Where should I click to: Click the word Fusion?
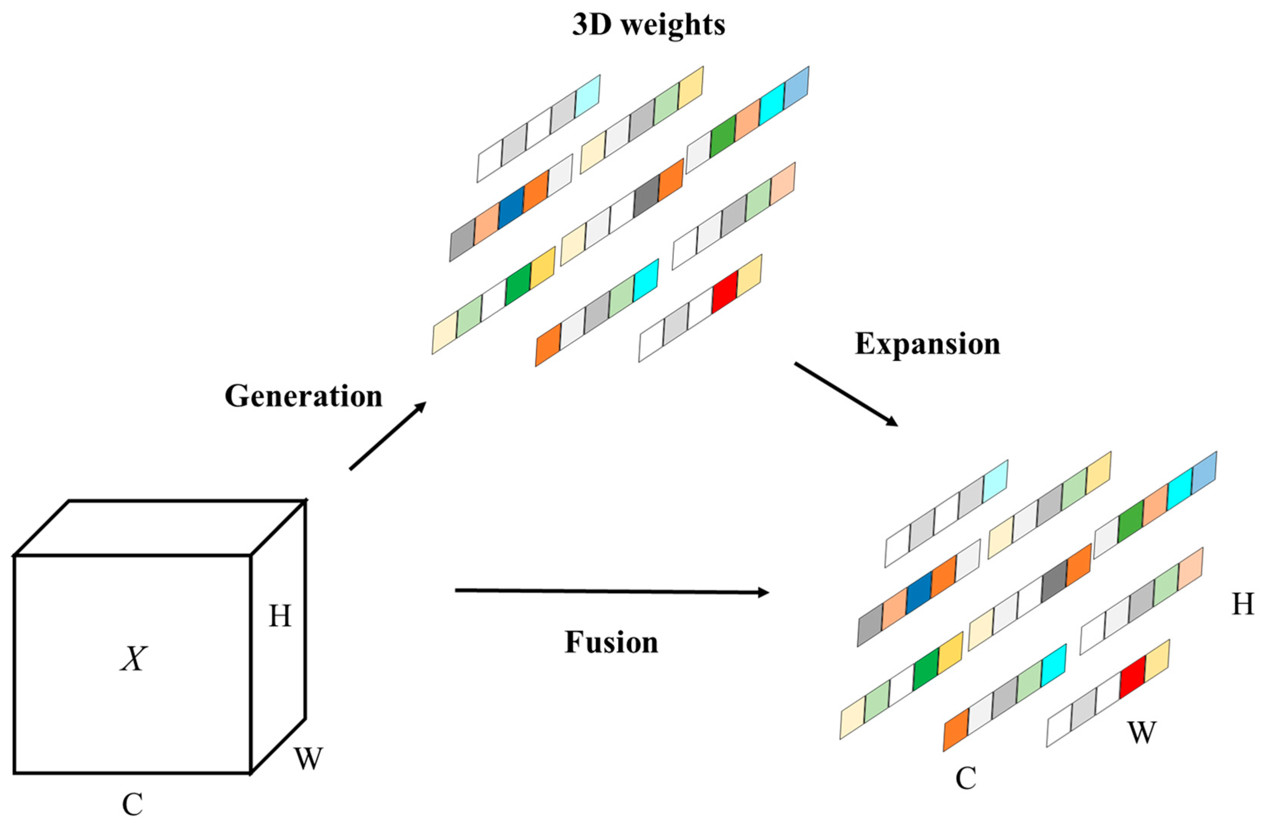pyautogui.click(x=611, y=642)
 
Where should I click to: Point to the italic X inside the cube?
pyautogui.click(x=133, y=659)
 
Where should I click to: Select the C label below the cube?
pyautogui.click(x=132, y=805)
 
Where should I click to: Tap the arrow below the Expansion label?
pyautogui.click(x=846, y=394)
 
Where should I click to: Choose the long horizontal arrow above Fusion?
pyautogui.click(x=611, y=591)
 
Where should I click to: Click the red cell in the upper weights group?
pyautogui.click(x=724, y=292)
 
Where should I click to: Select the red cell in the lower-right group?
pyautogui.click(x=1132, y=677)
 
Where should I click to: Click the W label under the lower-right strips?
pyautogui.click(x=1141, y=733)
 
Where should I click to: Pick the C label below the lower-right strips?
pyautogui.click(x=966, y=779)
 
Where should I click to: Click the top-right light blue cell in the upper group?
pyautogui.click(x=796, y=89)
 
